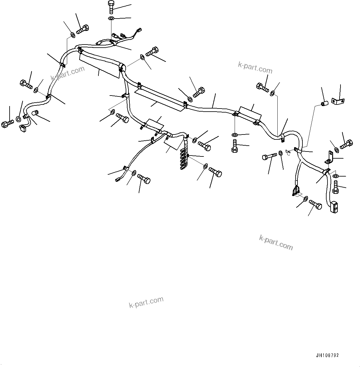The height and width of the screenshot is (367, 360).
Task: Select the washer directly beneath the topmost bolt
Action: (111, 19)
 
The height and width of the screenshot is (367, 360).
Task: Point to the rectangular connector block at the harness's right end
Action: (335, 207)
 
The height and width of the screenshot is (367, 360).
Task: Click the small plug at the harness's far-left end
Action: (22, 128)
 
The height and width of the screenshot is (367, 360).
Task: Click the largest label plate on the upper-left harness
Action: (100, 64)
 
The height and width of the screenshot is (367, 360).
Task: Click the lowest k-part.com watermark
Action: (146, 302)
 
